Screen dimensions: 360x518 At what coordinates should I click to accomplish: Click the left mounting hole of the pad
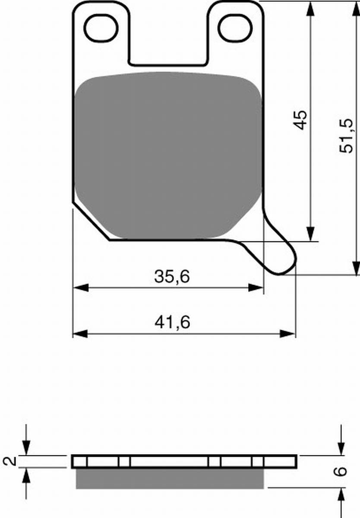click(101, 28)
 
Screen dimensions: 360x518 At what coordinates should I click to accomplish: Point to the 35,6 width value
click(172, 277)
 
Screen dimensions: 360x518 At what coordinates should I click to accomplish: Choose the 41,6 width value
click(172, 322)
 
